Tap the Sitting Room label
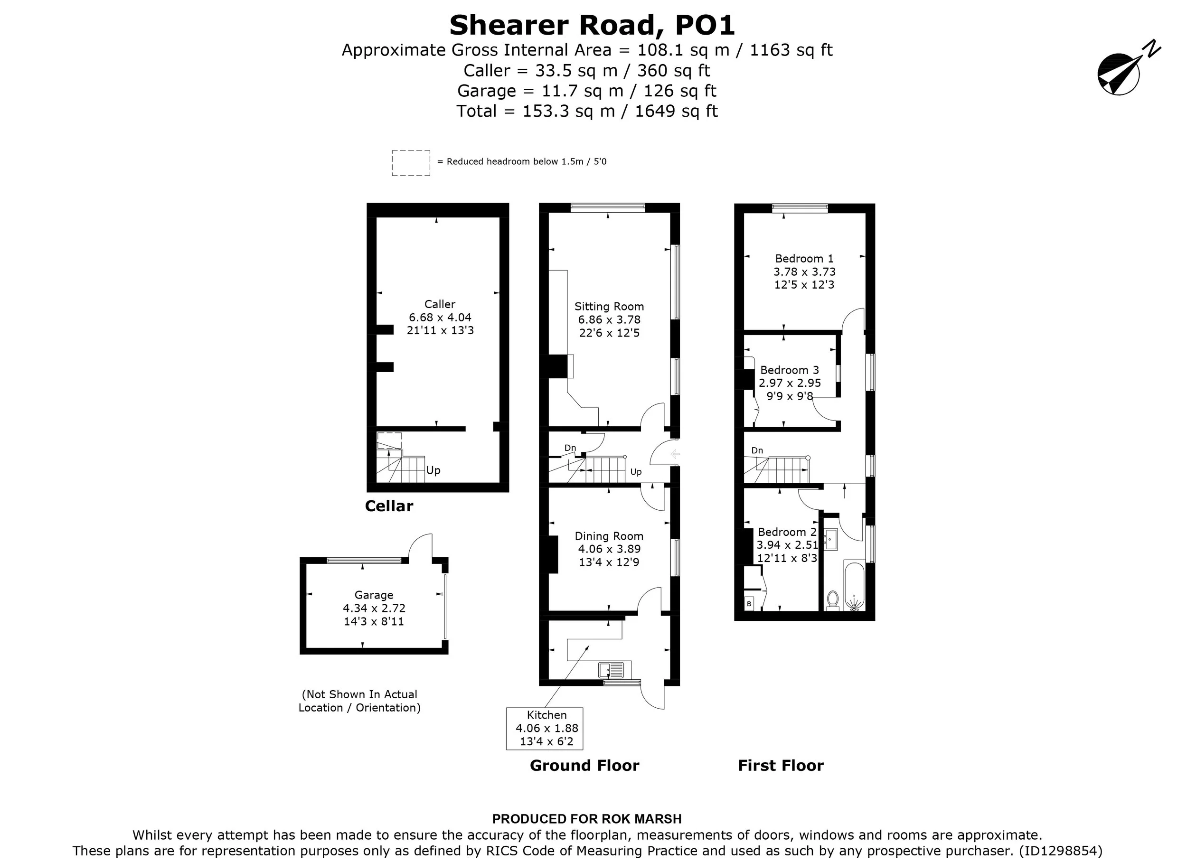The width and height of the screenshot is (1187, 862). pyautogui.click(x=609, y=307)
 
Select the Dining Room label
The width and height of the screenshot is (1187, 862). pyautogui.click(x=609, y=536)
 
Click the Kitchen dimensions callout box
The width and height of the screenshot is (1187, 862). pyautogui.click(x=544, y=729)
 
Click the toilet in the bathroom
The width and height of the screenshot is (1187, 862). pyautogui.click(x=832, y=600)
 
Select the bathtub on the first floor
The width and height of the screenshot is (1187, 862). pyautogui.click(x=854, y=586)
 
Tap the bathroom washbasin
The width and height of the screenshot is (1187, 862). pyautogui.click(x=831, y=539)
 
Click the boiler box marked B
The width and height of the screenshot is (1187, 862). pyautogui.click(x=749, y=604)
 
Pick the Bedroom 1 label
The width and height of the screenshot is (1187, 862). pyautogui.click(x=804, y=259)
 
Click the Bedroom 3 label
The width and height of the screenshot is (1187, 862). pyautogui.click(x=789, y=370)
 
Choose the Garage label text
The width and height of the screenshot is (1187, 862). pyautogui.click(x=374, y=595)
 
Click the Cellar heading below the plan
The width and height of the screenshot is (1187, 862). pyautogui.click(x=389, y=506)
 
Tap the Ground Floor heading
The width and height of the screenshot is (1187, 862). pyautogui.click(x=584, y=765)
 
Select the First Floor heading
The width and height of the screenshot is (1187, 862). pyautogui.click(x=781, y=765)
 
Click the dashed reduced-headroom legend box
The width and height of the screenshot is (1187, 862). pyautogui.click(x=411, y=163)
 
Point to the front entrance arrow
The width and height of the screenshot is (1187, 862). pyautogui.click(x=675, y=454)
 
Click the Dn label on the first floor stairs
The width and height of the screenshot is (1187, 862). pyautogui.click(x=757, y=450)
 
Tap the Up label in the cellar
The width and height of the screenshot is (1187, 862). pyautogui.click(x=433, y=470)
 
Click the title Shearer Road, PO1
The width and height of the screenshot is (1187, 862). pyautogui.click(x=593, y=25)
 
